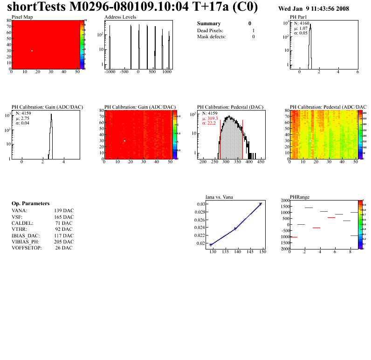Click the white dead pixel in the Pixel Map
(32, 50)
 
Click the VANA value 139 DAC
(64, 210)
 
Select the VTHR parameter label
(20, 229)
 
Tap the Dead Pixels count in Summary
(253, 30)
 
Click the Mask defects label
(211, 36)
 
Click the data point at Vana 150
(261, 204)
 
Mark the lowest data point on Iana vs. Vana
(211, 245)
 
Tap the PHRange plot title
(300, 197)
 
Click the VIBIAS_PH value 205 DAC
(64, 242)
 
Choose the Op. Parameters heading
(30, 203)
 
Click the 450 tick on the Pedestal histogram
(261, 161)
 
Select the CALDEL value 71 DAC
(64, 223)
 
